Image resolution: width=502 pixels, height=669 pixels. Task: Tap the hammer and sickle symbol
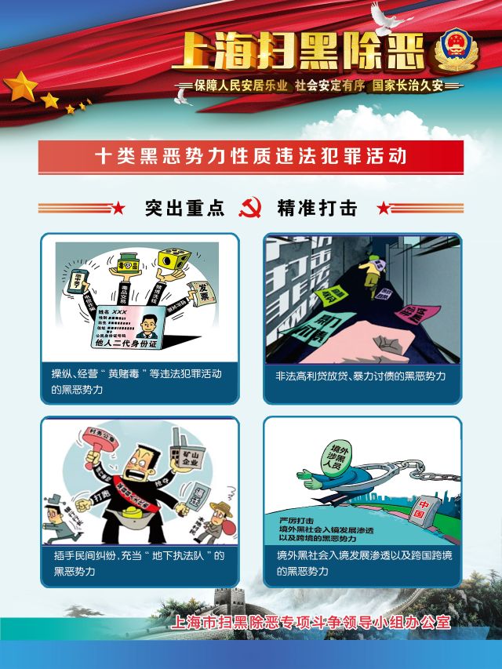pyautogui.click(x=250, y=207)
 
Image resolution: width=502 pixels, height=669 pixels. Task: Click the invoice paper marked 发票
pyautogui.click(x=202, y=296)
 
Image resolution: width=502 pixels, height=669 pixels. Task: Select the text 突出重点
pyautogui.click(x=184, y=208)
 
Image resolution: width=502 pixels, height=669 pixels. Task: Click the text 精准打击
pyautogui.click(x=317, y=208)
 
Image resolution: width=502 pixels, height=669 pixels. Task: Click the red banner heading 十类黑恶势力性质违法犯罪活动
pyautogui.click(x=250, y=156)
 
